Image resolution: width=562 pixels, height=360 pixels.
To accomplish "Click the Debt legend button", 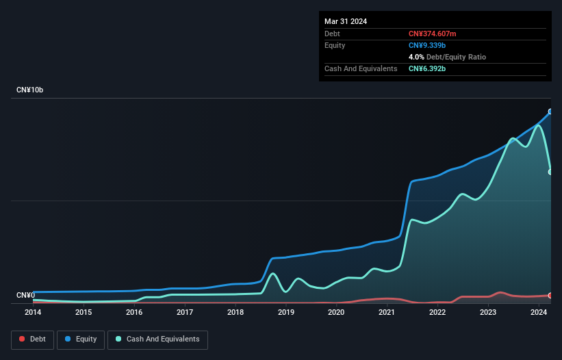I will [x=31, y=339].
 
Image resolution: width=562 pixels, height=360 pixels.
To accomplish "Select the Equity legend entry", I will [x=81, y=339].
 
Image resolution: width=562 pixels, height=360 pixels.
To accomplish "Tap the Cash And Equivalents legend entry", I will [x=157, y=339].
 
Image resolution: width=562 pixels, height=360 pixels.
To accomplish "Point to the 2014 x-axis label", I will [x=33, y=313].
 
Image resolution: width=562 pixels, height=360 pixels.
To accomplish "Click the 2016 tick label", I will [x=134, y=313].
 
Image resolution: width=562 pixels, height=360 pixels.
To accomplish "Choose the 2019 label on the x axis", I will [x=286, y=313].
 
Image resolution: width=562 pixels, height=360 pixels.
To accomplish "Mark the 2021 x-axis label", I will [x=387, y=313].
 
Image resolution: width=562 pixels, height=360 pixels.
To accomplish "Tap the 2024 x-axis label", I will [x=539, y=313].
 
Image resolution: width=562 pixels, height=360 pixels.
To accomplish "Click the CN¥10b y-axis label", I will [x=30, y=90].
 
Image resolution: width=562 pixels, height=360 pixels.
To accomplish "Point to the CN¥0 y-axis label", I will [x=25, y=296].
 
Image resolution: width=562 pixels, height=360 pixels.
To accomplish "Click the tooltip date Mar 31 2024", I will [x=346, y=21].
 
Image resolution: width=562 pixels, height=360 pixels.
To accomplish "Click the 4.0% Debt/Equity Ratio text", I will [x=447, y=57].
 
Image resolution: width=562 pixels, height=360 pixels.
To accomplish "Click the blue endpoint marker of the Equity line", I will [x=550, y=112].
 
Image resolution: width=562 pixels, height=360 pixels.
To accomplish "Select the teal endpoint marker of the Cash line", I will [x=550, y=172].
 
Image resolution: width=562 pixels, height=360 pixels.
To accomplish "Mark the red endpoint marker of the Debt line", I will [x=550, y=295].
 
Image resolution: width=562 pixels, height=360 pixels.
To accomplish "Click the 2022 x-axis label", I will [x=438, y=313].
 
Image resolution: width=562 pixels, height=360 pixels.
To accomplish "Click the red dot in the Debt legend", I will [x=22, y=339].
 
